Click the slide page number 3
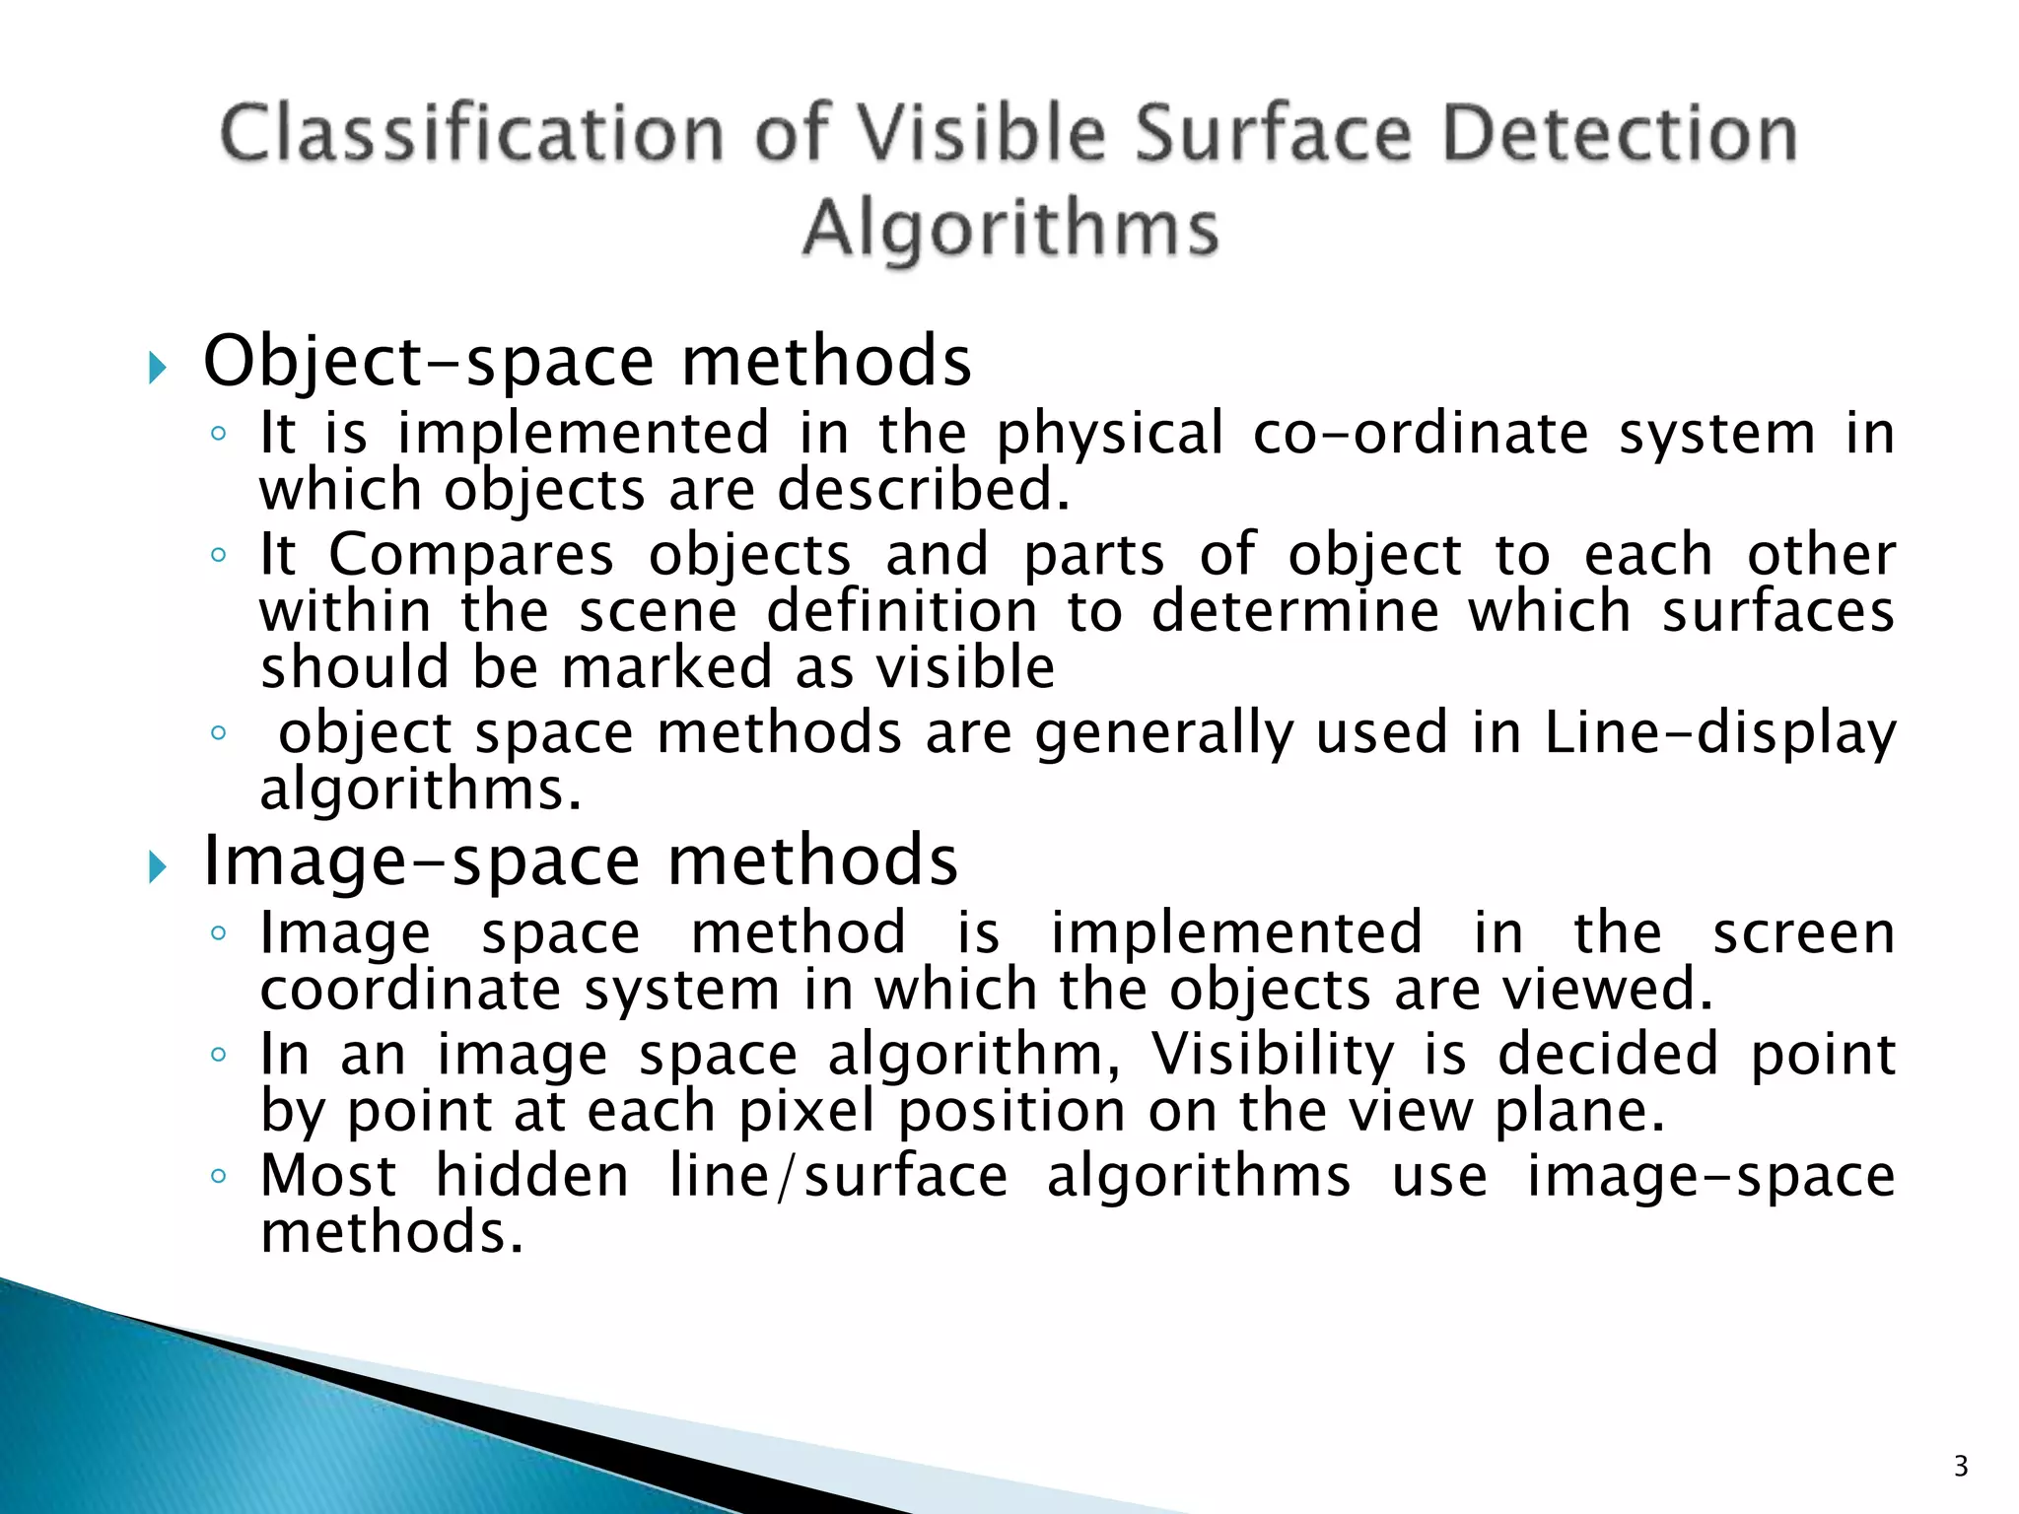[x=1960, y=1467]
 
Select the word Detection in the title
[x=1620, y=134]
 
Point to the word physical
[x=1109, y=435]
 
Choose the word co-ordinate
[x=1421, y=433]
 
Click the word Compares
[x=470, y=556]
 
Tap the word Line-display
[x=1719, y=734]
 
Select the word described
[x=923, y=490]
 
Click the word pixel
[x=806, y=1113]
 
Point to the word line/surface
[x=838, y=1177]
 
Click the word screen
[x=1803, y=932]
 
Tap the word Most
[x=328, y=1176]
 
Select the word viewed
[x=1607, y=990]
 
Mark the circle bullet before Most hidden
[x=219, y=1176]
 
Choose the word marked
[x=666, y=667]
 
